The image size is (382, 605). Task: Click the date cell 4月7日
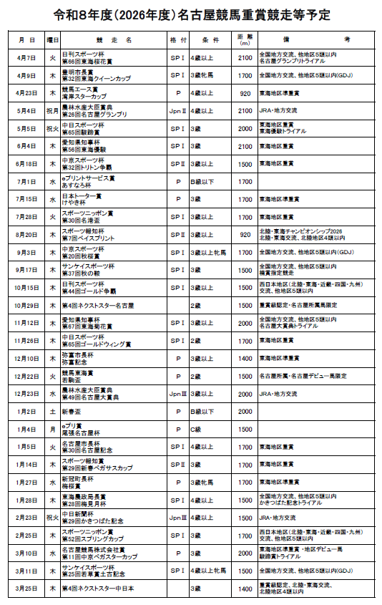coord(27,57)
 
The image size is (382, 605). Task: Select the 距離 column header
coord(245,40)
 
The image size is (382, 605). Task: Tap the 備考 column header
coord(315,40)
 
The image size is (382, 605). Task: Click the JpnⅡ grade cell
coord(178,111)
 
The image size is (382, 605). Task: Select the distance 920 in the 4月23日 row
coord(245,93)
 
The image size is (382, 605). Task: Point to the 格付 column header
coord(178,40)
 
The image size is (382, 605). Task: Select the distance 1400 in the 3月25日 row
coord(245,588)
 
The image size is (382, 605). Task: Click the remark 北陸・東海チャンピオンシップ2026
coord(301,231)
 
